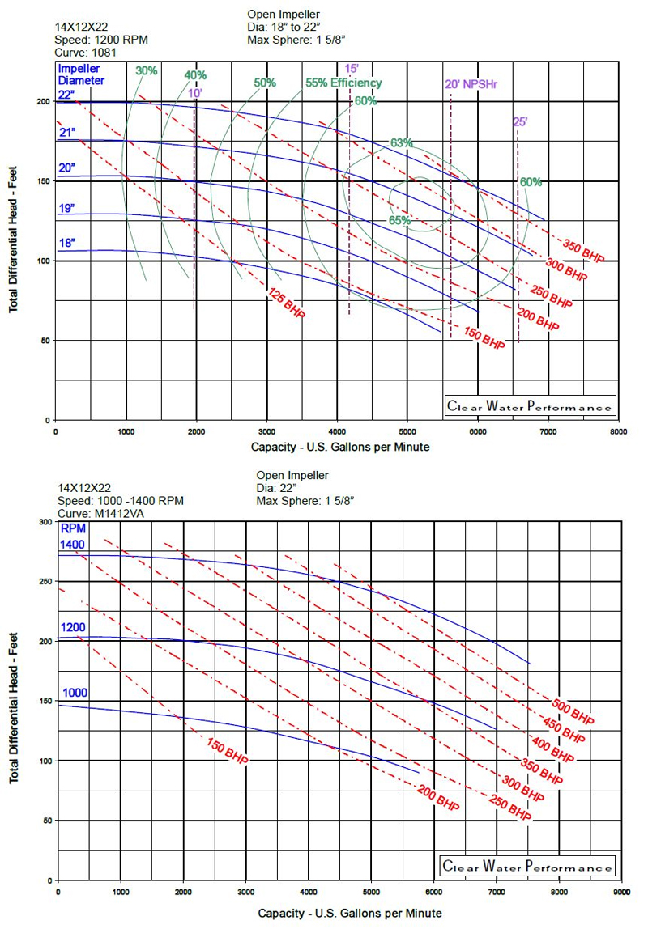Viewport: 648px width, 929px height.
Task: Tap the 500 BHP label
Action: click(x=574, y=709)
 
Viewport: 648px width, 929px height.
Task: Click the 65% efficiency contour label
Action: click(x=399, y=220)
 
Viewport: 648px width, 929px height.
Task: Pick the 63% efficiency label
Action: click(x=402, y=143)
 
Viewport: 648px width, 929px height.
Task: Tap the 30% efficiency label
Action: click(x=147, y=71)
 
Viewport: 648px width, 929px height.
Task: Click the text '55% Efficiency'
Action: click(x=343, y=83)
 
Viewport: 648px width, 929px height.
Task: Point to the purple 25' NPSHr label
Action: click(x=520, y=122)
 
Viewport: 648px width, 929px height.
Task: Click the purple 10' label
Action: click(x=195, y=93)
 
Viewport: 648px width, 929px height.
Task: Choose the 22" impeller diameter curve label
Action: click(x=66, y=95)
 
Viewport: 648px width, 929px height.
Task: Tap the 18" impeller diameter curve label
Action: click(x=66, y=242)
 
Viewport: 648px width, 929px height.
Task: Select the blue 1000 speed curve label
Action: click(x=73, y=693)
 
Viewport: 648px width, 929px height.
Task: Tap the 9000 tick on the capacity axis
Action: click(x=621, y=891)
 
